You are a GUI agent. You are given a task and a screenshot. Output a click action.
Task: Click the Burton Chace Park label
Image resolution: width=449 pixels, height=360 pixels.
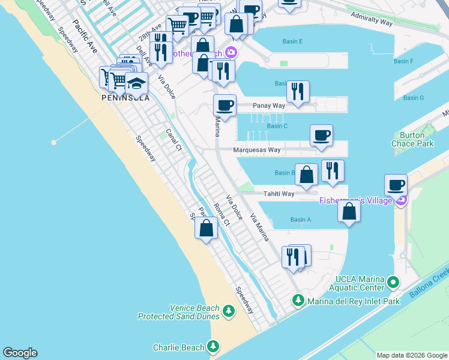click(417, 139)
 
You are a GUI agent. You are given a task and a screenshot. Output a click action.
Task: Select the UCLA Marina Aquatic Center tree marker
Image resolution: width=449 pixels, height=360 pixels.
click(394, 281)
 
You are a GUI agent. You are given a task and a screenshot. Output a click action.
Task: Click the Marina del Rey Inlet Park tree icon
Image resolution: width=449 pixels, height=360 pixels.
click(298, 299)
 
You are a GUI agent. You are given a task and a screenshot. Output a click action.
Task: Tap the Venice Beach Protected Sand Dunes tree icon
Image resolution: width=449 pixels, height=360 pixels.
click(228, 311)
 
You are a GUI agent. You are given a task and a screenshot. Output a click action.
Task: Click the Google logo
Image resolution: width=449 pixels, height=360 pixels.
click(20, 353)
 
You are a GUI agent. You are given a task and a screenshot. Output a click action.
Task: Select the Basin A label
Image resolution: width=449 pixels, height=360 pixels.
click(301, 220)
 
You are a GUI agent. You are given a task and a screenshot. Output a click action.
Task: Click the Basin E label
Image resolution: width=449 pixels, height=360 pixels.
click(292, 41)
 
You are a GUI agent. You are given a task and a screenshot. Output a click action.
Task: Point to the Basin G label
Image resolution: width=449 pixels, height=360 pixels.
click(414, 98)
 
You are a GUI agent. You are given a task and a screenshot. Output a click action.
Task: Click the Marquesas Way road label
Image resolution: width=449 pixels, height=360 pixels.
click(258, 150)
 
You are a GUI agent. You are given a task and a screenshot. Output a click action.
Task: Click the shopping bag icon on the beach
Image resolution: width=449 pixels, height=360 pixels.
click(206, 228)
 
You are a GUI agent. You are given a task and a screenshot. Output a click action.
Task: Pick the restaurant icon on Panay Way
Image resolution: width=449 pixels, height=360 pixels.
click(298, 92)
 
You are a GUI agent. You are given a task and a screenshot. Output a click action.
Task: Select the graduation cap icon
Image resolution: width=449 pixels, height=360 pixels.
click(136, 84)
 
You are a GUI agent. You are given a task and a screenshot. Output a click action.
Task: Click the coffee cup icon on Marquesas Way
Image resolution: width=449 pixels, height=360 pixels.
click(321, 135)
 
